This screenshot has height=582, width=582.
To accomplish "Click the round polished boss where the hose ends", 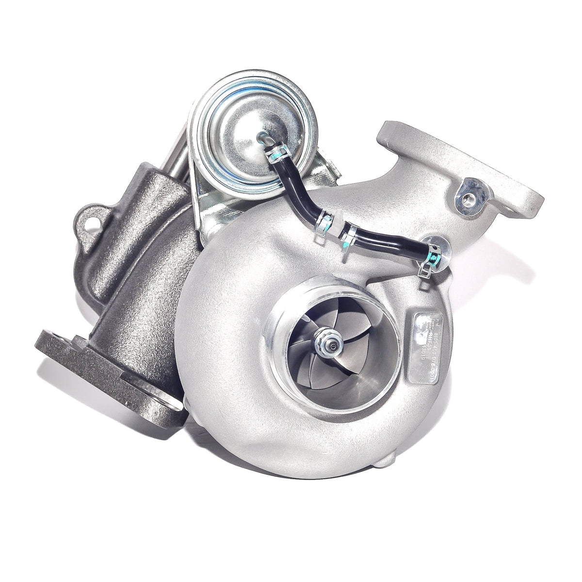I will pos(436,245).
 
